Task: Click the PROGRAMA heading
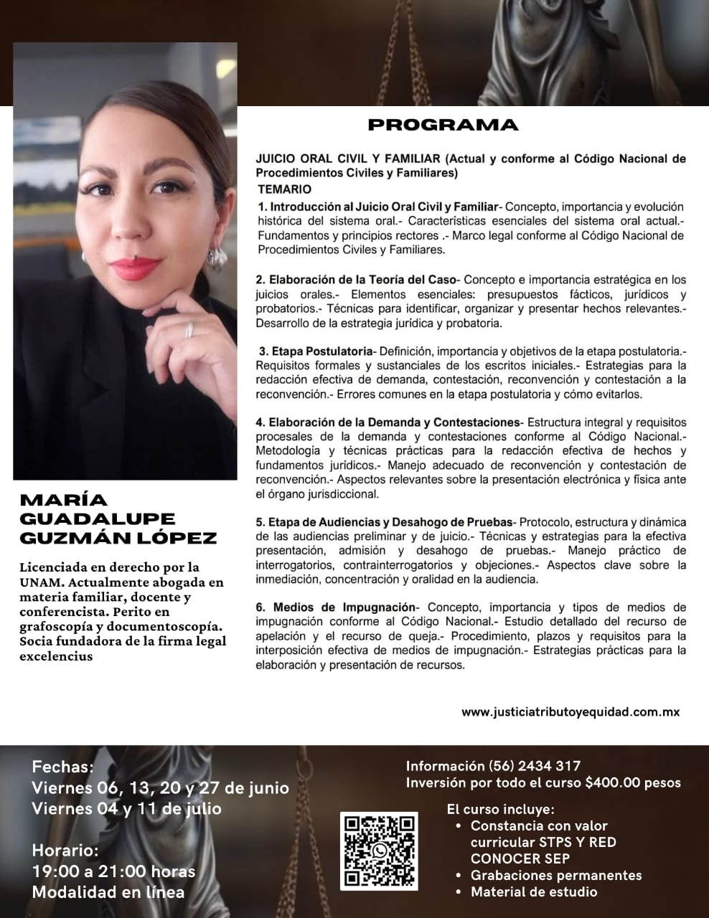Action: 442,125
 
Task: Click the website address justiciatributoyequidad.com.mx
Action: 570,712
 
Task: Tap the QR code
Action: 380,851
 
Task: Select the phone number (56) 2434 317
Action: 534,766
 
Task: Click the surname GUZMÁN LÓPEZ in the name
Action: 118,538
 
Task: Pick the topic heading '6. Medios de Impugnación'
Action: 336,607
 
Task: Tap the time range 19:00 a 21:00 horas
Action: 113,871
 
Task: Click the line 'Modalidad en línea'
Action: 108,892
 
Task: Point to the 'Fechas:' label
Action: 63,767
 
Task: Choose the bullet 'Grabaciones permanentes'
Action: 555,875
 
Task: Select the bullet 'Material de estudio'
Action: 533,892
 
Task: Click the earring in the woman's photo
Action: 216,256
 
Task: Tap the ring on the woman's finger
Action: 189,330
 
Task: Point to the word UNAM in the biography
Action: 42,582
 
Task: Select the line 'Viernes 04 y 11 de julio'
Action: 126,808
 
